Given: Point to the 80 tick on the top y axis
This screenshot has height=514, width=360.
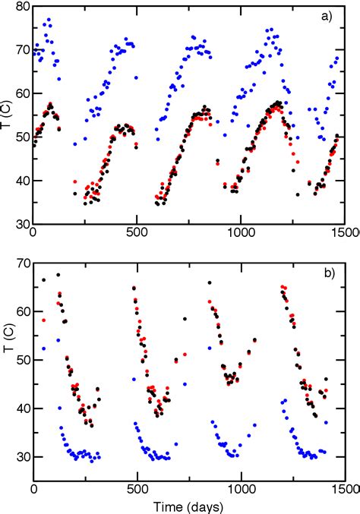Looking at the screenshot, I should click(20, 7).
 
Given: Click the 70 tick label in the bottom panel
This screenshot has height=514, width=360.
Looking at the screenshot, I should click(20, 263).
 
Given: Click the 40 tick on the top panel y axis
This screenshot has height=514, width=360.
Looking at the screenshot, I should click(20, 181).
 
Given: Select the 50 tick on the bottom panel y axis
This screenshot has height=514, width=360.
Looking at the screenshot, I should click(20, 360).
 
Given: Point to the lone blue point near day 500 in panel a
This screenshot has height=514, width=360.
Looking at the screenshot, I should click(137, 77).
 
